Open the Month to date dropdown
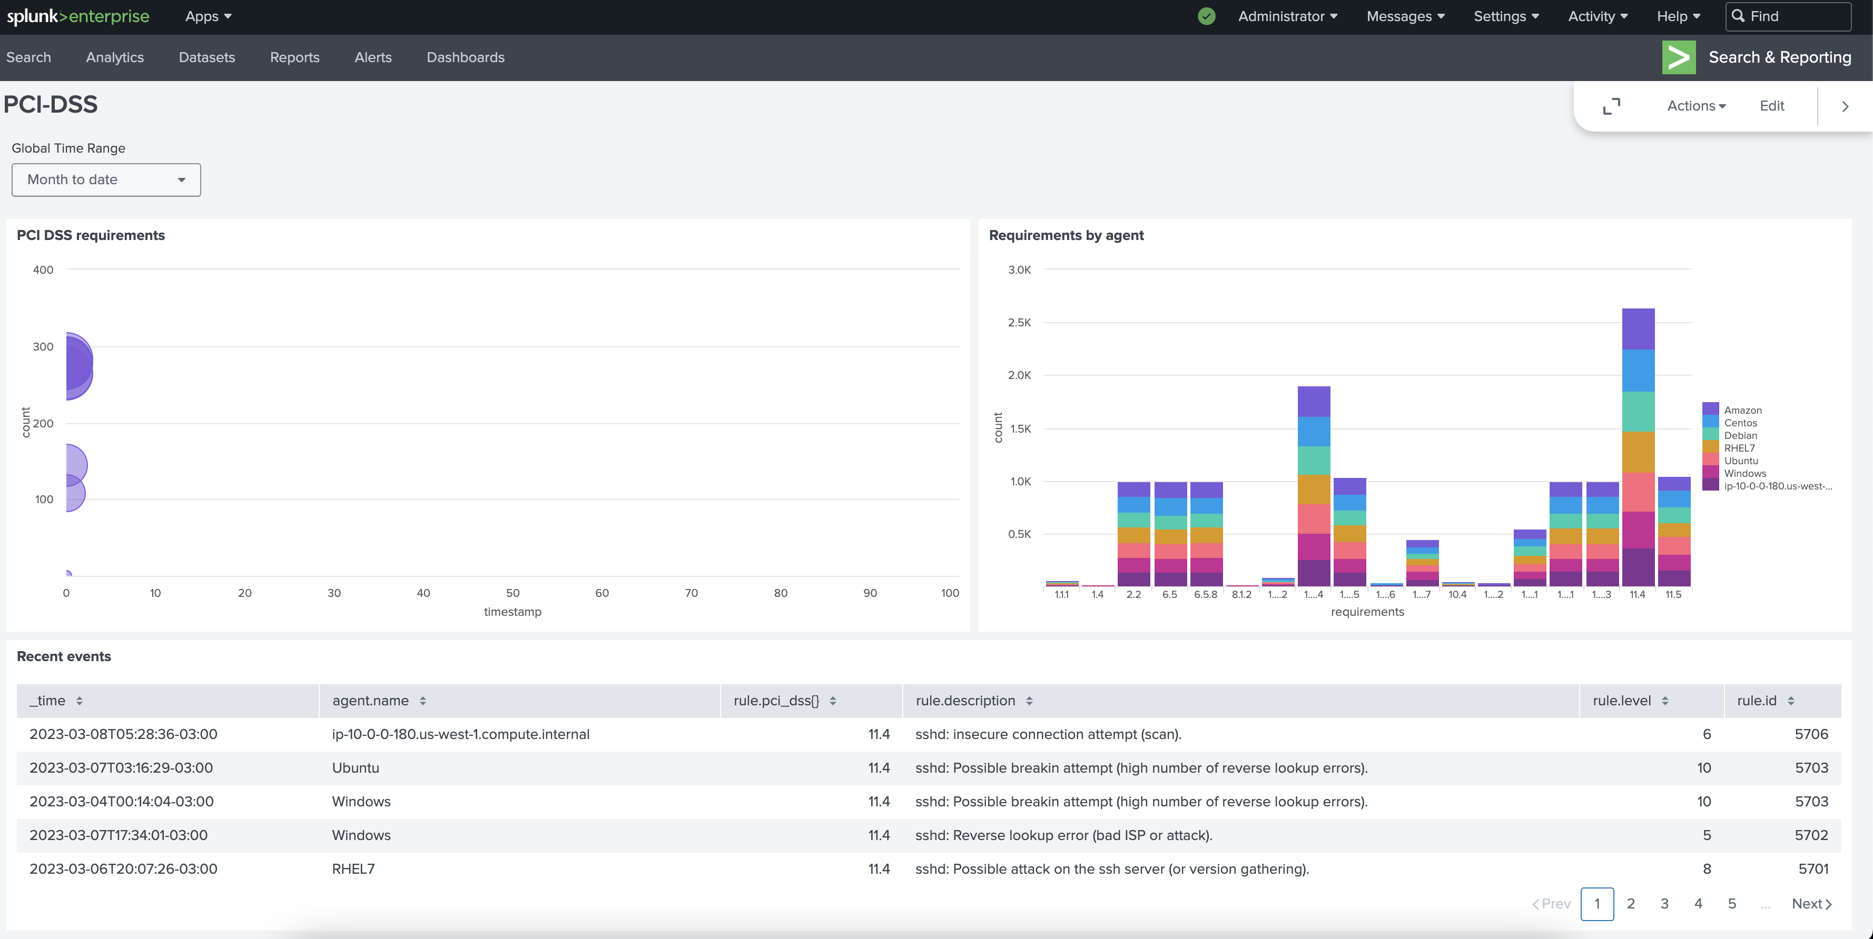coord(106,179)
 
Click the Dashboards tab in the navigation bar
coord(465,57)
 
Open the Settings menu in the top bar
coord(1506,16)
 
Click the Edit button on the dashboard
coord(1771,106)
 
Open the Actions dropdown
coord(1695,106)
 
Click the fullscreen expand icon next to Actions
coord(1611,106)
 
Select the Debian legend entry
coord(1740,435)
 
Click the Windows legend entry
coord(1744,473)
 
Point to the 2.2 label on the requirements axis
coord(1133,594)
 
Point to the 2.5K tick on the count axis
coord(1019,323)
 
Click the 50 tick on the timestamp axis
coord(512,593)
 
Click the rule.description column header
coord(965,701)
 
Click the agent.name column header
coord(370,701)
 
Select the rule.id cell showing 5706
coord(1810,734)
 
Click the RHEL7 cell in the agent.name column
coord(353,868)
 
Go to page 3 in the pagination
coord(1664,903)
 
